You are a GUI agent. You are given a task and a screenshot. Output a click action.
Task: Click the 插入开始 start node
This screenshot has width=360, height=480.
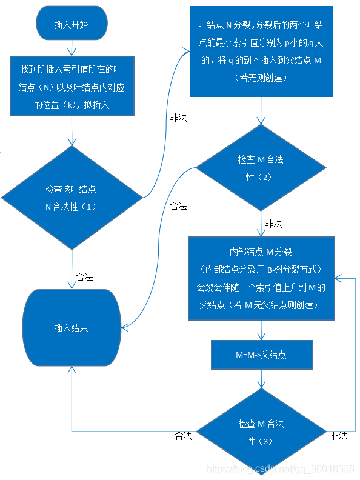click(x=72, y=24)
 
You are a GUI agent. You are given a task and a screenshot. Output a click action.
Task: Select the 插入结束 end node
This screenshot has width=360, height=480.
click(x=72, y=328)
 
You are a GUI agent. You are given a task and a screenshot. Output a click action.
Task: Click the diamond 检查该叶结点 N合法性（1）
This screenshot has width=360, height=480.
click(x=72, y=198)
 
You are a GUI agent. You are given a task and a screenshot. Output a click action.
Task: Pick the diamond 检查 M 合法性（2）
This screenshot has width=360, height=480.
click(x=261, y=168)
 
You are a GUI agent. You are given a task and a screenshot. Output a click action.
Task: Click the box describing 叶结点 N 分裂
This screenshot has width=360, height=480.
click(x=261, y=52)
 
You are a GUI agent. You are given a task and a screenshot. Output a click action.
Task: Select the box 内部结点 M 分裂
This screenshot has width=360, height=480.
click(x=261, y=278)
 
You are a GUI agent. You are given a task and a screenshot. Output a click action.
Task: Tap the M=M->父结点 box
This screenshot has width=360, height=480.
click(x=261, y=355)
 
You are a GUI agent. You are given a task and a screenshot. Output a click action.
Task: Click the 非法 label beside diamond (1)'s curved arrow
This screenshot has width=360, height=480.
click(x=178, y=118)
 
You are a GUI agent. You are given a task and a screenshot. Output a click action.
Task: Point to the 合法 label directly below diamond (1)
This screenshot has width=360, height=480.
click(x=84, y=277)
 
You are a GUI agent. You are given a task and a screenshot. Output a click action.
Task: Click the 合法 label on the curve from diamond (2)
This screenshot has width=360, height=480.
click(x=178, y=206)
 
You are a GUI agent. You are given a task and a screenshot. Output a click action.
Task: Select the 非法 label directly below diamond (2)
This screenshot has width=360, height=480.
click(x=273, y=224)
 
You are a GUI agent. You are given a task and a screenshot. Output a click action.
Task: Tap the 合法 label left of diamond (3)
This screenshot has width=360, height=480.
click(x=183, y=436)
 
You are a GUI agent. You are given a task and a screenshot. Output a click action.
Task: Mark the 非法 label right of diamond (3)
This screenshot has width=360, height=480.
click(x=339, y=436)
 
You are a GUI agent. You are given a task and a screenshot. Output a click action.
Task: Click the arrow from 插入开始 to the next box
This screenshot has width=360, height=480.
click(x=72, y=45)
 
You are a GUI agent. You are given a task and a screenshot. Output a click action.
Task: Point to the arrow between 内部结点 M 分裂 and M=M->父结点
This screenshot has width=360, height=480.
click(x=261, y=331)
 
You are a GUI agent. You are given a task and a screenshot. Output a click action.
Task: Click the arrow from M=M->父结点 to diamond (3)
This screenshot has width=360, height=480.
click(x=261, y=379)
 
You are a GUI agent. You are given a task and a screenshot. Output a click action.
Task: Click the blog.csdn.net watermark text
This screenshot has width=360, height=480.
click(x=280, y=469)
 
